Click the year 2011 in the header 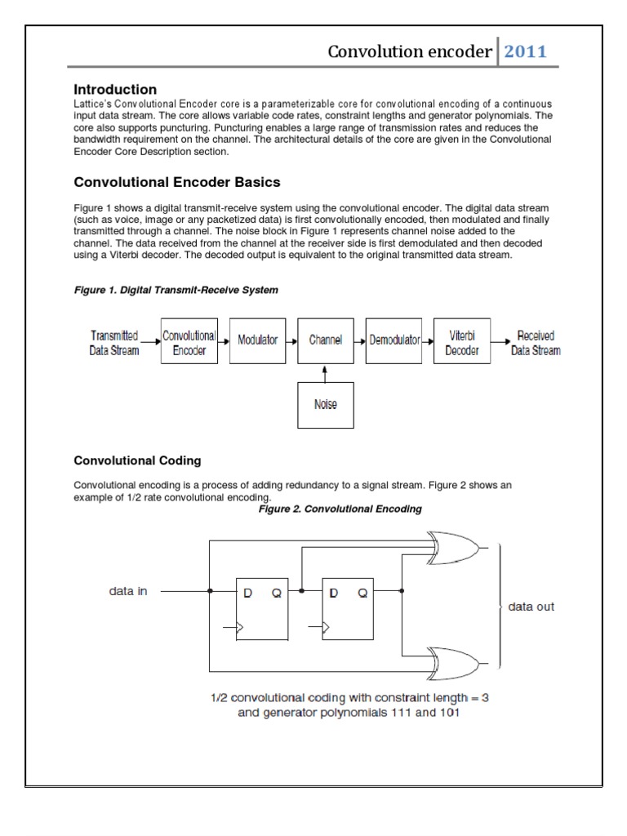[525, 52]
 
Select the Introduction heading [115, 89]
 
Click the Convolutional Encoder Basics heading [177, 182]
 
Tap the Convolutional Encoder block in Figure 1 [189, 342]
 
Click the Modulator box [257, 340]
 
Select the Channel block [325, 340]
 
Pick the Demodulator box [394, 340]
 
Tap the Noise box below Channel [325, 405]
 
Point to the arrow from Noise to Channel [325, 372]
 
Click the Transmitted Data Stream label [114, 343]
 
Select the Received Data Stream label [536, 343]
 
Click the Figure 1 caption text [176, 290]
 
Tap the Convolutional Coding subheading [137, 460]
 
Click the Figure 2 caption [340, 509]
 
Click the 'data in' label [128, 591]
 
